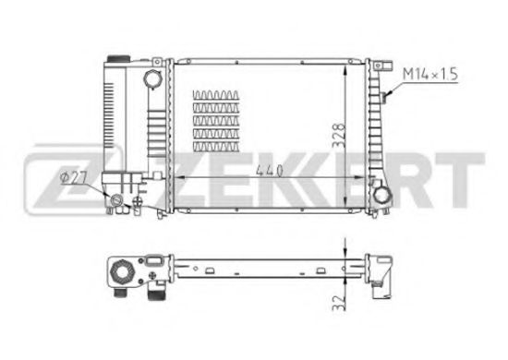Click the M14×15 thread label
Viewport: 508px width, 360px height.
(429, 73)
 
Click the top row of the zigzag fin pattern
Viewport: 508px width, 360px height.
(215, 96)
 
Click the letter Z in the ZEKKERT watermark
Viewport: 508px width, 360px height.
(48, 174)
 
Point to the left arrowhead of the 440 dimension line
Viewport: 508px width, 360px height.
(178, 175)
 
